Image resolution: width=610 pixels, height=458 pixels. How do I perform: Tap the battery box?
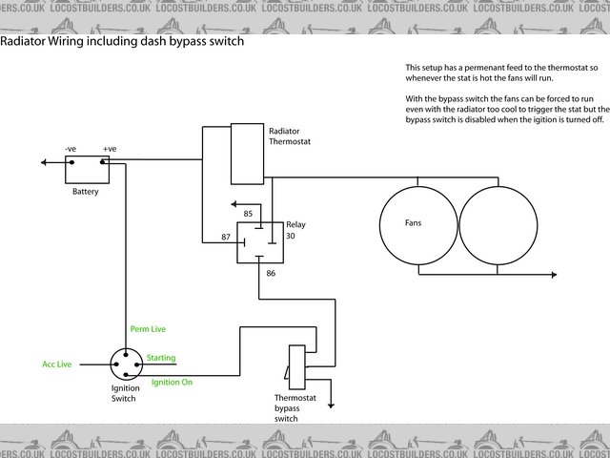87,169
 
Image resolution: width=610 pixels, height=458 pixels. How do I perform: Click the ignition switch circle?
125,364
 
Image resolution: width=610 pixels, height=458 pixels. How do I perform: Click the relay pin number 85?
248,214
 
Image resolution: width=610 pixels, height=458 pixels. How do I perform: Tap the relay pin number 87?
227,236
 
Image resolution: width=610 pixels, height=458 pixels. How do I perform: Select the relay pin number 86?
271,274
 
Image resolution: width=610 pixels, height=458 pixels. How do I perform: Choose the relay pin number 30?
290,235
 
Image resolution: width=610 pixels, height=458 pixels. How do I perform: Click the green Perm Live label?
148,329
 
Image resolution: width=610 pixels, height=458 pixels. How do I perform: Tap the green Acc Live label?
58,364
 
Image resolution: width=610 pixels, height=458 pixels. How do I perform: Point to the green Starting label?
161,358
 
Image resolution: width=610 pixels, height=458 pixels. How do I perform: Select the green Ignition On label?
172,383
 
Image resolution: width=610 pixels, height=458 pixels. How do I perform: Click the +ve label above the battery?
110,149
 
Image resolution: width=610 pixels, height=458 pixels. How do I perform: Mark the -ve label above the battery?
71,149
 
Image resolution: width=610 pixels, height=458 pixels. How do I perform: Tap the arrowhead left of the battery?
45,162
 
